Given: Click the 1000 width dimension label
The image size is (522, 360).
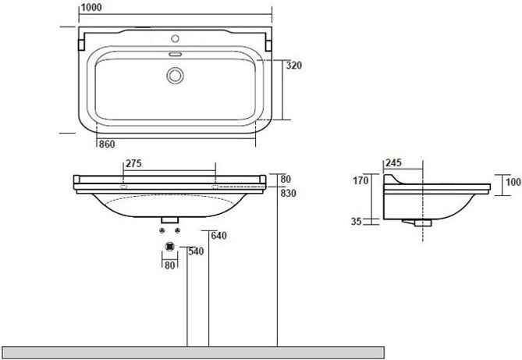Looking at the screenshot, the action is click(91, 7).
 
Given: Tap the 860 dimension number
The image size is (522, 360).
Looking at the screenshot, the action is click(107, 144).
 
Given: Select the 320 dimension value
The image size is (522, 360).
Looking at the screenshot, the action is click(294, 66).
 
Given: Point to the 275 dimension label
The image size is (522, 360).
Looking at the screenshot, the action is click(133, 163).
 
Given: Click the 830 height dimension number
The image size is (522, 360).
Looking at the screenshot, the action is click(288, 193).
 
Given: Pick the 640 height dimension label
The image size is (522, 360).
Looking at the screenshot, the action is click(218, 236).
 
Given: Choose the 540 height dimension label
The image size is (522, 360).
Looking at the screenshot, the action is click(196, 251).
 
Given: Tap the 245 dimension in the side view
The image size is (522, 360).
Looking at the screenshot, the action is click(393, 162).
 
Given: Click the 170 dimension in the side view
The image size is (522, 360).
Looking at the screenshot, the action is click(360, 180).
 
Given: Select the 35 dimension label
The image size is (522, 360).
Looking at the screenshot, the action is click(357, 221).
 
